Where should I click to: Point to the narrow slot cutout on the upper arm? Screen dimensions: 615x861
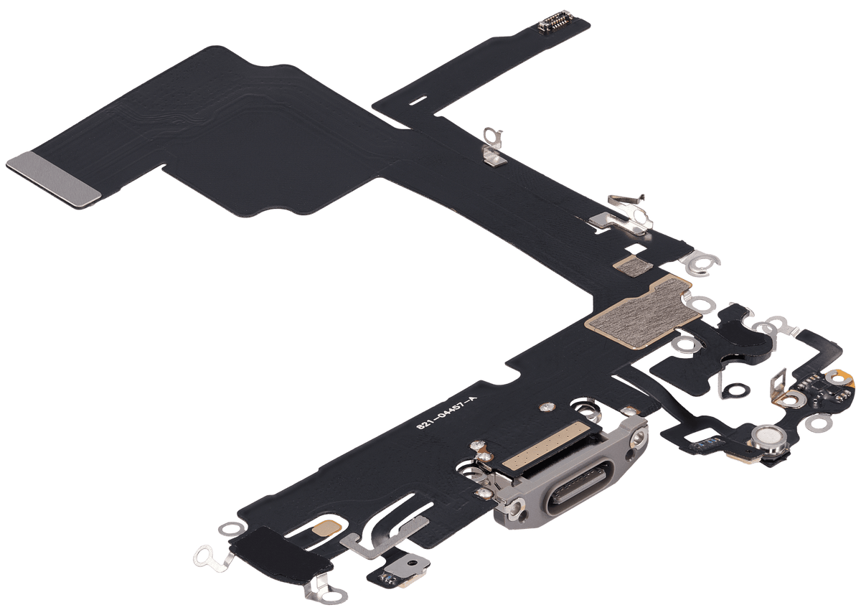[420, 98]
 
